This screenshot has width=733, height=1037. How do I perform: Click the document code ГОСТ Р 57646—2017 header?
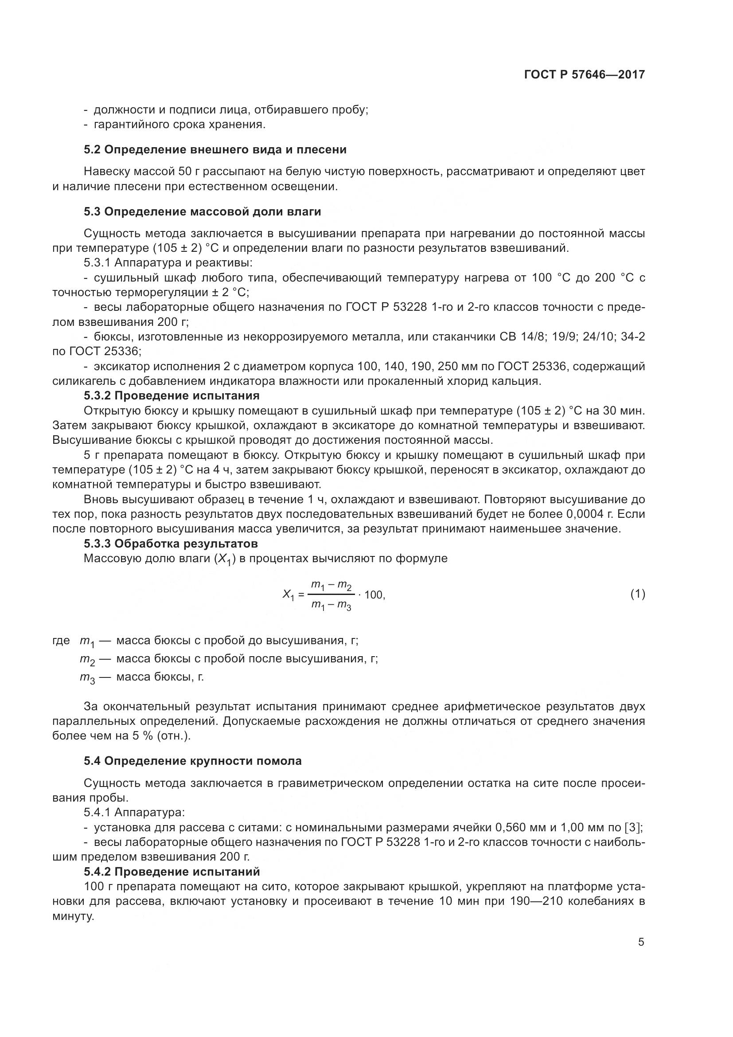point(585,75)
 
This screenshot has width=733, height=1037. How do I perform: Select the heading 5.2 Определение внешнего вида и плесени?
point(215,149)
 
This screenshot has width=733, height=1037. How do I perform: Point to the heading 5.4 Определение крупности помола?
point(192,761)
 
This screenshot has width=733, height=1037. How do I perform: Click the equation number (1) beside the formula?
point(637,595)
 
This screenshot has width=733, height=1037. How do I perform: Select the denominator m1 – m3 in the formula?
point(331,606)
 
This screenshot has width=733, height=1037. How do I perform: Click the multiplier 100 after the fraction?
point(374,595)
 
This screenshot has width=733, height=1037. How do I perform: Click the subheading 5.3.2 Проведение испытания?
point(172,395)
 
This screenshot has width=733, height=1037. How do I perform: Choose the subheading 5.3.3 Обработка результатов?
point(171,544)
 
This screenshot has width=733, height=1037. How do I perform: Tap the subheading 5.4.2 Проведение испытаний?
point(172,871)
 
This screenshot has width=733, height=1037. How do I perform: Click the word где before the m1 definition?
point(61,641)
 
